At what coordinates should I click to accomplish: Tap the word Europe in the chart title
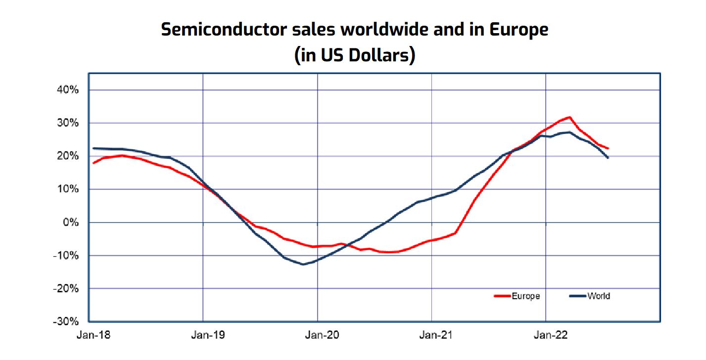[518, 30]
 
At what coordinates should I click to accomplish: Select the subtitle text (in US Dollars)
[354, 55]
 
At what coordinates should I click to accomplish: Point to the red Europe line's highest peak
[570, 117]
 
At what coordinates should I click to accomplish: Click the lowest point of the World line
[303, 264]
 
